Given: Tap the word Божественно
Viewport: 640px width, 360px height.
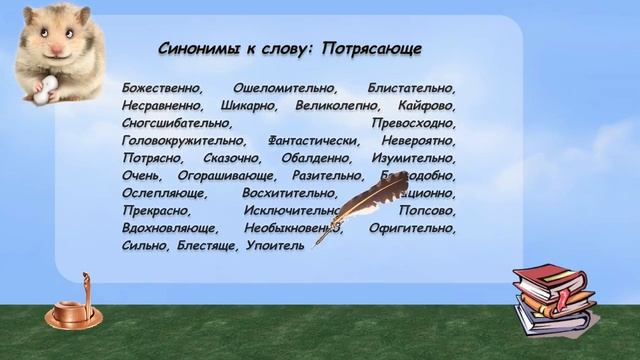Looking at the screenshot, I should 161,87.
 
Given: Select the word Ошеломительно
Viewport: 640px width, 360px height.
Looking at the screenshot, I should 283,87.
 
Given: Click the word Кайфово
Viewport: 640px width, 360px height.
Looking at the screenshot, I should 427,104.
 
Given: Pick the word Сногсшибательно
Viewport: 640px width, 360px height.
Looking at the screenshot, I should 175,122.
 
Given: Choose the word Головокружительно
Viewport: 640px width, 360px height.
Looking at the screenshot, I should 181,140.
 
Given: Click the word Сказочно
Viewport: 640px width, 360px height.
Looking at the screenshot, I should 233,157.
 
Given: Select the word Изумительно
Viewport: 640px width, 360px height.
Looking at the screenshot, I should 413,157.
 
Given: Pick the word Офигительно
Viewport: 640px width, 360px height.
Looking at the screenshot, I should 412,227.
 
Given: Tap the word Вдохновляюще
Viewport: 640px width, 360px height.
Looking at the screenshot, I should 169,227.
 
